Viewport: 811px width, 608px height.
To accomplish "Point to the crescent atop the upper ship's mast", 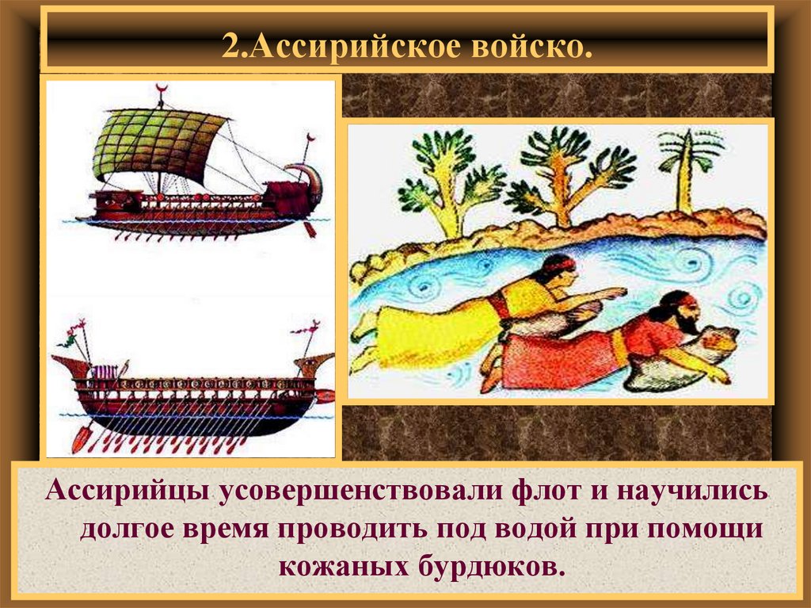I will [x=162, y=87].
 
